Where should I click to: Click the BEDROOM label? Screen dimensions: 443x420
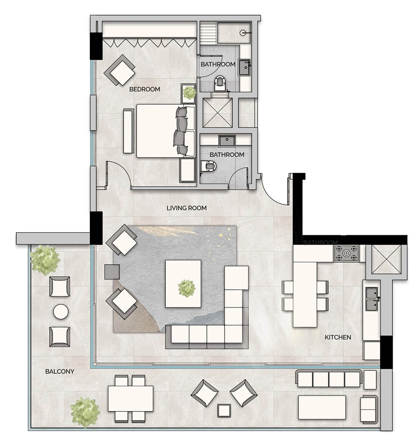coord(144,89)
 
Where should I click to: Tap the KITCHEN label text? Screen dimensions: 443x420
coord(338,337)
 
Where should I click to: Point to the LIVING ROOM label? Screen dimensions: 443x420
coord(186,208)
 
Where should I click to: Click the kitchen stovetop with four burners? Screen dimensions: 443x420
coord(346,253)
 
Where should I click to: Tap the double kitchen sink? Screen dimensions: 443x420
coord(371,299)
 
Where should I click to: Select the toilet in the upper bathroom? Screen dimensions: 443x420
coord(219,84)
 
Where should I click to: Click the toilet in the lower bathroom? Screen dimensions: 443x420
coord(208,167)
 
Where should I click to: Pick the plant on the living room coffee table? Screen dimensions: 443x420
coord(186,288)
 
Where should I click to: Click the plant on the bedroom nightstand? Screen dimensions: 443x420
coord(189,92)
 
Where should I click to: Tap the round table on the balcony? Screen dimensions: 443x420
coord(61,312)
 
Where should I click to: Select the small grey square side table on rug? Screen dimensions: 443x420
coord(112,272)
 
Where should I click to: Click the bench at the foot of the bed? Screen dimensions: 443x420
coord(128,131)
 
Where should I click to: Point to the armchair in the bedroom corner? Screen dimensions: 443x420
coord(120,70)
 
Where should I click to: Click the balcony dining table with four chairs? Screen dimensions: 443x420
coord(130,398)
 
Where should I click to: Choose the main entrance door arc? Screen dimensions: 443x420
coord(273,191)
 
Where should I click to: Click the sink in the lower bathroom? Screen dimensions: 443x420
coord(227,140)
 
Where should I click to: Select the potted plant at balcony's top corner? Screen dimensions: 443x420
coord(45,260)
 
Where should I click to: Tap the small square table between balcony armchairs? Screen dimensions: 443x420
coord(224,410)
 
